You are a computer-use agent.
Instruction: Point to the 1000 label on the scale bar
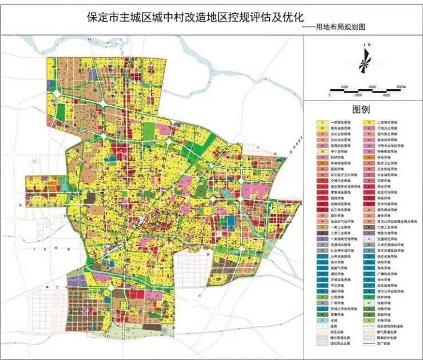click(x=344, y=86)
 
